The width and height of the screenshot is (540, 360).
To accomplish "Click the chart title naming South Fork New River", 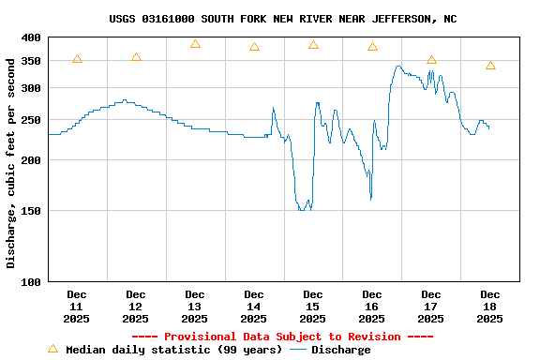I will [282, 19].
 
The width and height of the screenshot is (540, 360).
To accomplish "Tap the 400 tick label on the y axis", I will [31, 37].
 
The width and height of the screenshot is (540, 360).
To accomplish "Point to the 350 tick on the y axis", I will [31, 61].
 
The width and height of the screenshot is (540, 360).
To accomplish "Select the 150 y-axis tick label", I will [31, 211].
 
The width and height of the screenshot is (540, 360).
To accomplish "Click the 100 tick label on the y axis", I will [31, 281].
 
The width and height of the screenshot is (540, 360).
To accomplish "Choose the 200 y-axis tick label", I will [31, 160].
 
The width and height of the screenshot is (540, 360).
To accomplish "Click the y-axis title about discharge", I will [11, 162].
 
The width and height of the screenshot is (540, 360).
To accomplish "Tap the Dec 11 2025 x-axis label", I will [77, 307].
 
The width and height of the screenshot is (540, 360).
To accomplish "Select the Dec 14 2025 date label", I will [254, 307].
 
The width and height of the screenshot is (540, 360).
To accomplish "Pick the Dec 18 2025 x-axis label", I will [490, 307].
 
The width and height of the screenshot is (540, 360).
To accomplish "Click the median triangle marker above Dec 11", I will [77, 59].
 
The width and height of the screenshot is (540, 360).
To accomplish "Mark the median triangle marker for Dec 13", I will [195, 44].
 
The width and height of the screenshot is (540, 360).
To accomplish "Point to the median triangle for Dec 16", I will [372, 47].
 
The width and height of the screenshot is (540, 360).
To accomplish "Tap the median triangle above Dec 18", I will [490, 66].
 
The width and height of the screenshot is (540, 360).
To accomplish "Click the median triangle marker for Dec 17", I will [431, 60].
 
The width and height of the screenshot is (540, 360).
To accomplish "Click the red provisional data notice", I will [282, 337].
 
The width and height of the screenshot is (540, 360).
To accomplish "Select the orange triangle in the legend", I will [52, 350].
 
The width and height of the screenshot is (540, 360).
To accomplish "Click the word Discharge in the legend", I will [340, 350].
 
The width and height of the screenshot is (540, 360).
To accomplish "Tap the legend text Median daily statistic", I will [172, 350].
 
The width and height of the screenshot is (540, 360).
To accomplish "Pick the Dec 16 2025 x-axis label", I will [372, 307].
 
